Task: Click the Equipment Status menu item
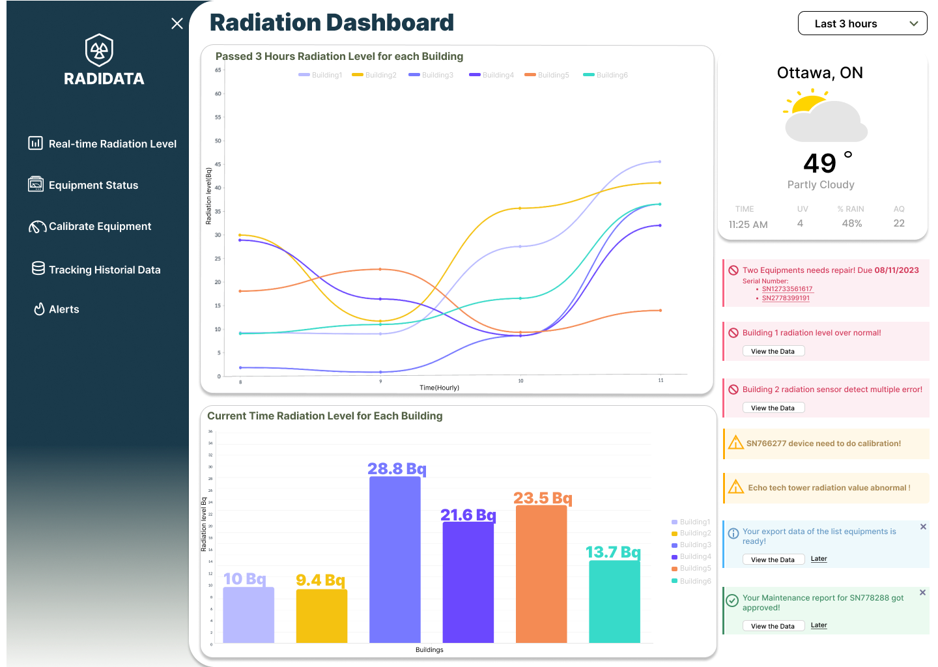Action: click(93, 185)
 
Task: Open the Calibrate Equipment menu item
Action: click(100, 226)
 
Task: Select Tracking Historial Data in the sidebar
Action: click(104, 270)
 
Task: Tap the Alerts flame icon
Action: click(39, 309)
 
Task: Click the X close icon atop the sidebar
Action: click(177, 23)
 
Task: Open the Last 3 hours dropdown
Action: click(862, 23)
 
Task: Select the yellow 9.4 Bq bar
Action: click(321, 616)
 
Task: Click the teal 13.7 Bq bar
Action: click(614, 601)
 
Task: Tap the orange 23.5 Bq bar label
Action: click(543, 498)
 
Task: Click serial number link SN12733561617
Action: click(787, 289)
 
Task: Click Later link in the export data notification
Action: click(819, 559)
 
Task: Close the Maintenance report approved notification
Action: click(922, 592)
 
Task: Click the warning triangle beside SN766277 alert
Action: click(736, 443)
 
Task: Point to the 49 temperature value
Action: click(819, 163)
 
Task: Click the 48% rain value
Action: click(852, 223)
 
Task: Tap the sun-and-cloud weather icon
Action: click(825, 117)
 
